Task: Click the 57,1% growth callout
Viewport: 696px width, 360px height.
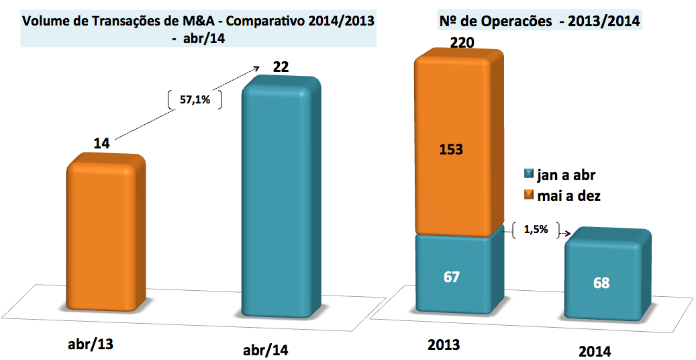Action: (x=193, y=101)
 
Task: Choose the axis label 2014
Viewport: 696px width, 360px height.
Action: (x=595, y=351)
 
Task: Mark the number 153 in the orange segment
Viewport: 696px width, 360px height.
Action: (x=450, y=149)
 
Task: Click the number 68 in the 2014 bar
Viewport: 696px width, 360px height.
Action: (x=601, y=282)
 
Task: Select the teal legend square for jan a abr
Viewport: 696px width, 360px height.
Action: (x=528, y=176)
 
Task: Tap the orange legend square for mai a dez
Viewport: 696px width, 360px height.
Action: (x=528, y=195)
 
